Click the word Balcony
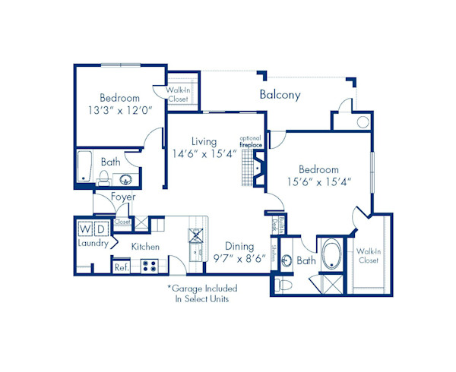[280, 95]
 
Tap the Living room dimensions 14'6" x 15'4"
[204, 153]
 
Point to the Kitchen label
[144, 247]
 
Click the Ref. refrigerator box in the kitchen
[121, 266]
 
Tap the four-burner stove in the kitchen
[150, 266]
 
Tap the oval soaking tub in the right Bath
[333, 257]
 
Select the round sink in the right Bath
[287, 260]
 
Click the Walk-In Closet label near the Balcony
[180, 94]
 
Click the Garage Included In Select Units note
[202, 294]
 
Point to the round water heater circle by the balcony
[362, 121]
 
